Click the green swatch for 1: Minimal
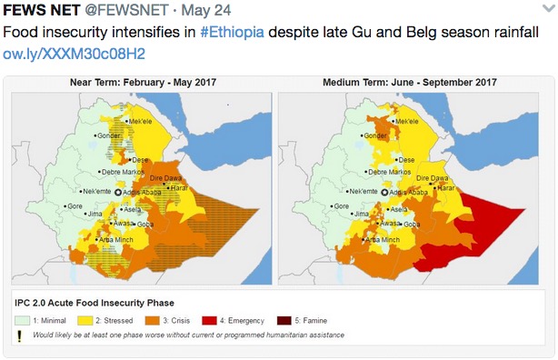click(25, 320)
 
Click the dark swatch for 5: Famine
click(285, 320)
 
